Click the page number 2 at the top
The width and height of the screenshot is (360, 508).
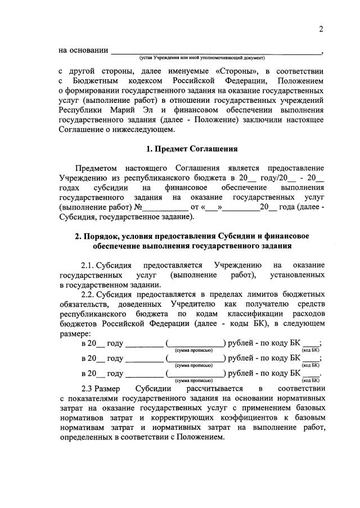pos(321,29)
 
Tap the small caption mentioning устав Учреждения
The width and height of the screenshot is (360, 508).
pos(202,58)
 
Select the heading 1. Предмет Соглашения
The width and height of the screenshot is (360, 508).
pos(191,149)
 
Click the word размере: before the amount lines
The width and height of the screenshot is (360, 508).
pos(74,333)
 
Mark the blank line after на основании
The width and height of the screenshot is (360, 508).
pos(216,51)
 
